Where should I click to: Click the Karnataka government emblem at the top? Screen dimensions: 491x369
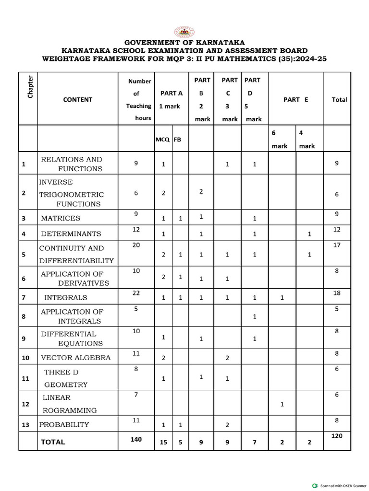[x=184, y=32]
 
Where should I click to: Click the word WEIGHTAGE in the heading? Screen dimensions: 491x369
[x=67, y=59]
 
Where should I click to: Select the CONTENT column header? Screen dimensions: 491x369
[x=77, y=100]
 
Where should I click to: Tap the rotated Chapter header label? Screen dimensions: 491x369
[x=30, y=87]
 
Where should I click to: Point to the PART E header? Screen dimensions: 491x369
[x=295, y=100]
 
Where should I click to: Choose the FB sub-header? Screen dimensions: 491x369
[x=177, y=140]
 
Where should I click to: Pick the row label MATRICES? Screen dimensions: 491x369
[x=61, y=218]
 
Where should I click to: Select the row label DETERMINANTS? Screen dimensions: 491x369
[x=71, y=234]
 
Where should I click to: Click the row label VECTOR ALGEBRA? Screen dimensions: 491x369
[x=75, y=357]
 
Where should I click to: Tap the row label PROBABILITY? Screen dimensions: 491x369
[x=64, y=424]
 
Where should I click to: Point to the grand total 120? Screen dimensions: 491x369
[x=337, y=436]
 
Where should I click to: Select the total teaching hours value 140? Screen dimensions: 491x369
[x=136, y=439]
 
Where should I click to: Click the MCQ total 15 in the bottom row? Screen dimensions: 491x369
[x=163, y=443]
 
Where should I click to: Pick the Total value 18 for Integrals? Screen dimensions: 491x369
[x=337, y=293]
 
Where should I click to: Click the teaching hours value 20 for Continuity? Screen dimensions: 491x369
[x=136, y=245]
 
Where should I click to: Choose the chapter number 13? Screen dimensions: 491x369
[x=24, y=425]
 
